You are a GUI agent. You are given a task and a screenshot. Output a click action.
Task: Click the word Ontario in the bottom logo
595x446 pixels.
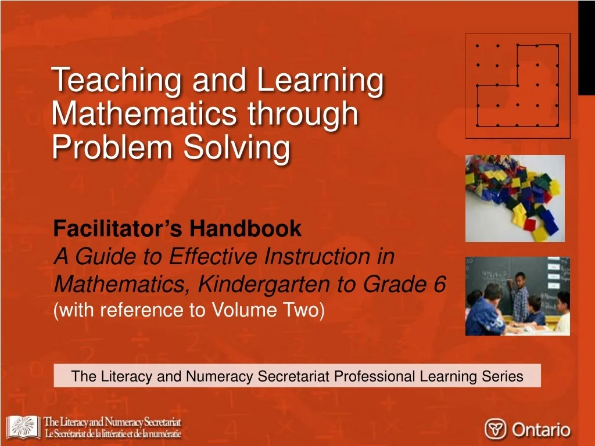[541, 430]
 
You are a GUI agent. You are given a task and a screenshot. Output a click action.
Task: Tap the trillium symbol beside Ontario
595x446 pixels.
[496, 430]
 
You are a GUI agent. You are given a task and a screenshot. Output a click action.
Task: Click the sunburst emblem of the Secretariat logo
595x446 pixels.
[23, 427]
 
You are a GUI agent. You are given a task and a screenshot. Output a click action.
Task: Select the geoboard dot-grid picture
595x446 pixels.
[517, 86]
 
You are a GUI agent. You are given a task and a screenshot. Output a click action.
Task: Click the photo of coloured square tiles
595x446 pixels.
[515, 198]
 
